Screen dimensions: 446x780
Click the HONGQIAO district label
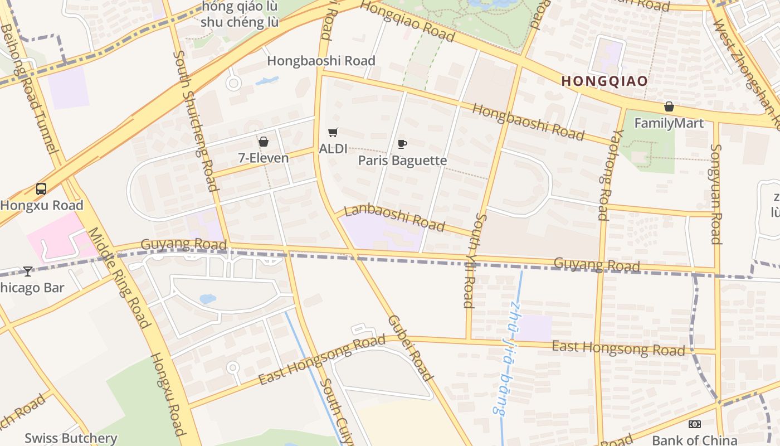(604, 81)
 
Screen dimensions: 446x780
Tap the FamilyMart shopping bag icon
(669, 106)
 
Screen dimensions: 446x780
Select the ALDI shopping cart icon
(333, 133)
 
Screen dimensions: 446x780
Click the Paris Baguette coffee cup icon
(402, 144)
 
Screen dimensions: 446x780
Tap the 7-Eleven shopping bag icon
(263, 142)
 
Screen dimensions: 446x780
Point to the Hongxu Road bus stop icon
(41, 189)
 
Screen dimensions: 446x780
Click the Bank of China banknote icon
(694, 424)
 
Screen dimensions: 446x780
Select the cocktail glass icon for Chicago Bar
(28, 272)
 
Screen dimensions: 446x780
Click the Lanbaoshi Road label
(394, 218)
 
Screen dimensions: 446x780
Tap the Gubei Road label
(410, 348)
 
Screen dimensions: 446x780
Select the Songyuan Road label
(716, 194)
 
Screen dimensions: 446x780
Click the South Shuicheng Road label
(196, 121)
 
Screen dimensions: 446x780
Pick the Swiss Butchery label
(71, 438)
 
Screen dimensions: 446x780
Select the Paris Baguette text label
(402, 161)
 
